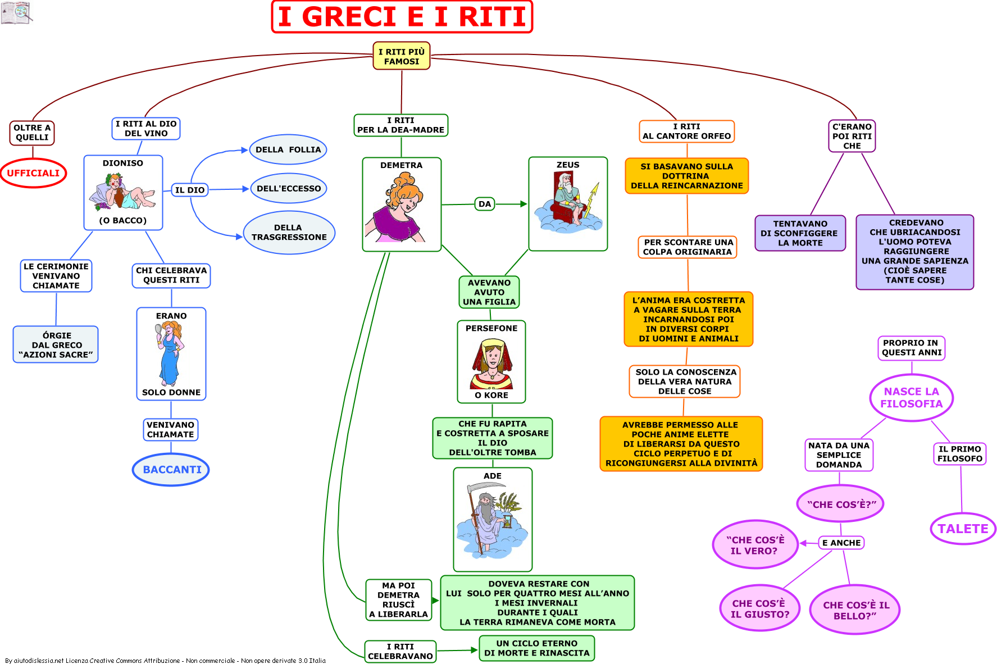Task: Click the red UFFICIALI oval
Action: tap(33, 173)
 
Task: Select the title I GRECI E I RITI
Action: tap(402, 16)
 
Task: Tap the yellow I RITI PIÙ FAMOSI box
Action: tap(402, 56)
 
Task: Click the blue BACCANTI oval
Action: tap(171, 470)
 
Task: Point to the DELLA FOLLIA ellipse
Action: tap(288, 149)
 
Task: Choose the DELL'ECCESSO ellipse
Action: tap(289, 188)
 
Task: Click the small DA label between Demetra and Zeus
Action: tap(485, 204)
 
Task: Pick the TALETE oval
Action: tap(963, 529)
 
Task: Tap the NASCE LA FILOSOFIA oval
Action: tap(911, 397)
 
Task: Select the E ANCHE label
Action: tap(841, 543)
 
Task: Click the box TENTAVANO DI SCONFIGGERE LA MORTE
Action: tap(800, 233)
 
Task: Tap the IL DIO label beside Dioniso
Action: tap(189, 190)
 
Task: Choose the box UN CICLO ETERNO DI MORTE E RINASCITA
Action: tap(536, 648)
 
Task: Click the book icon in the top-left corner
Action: tap(16, 12)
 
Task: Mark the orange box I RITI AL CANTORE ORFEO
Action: tap(687, 131)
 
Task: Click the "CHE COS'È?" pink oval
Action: tap(840, 504)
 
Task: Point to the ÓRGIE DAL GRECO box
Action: tap(56, 344)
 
